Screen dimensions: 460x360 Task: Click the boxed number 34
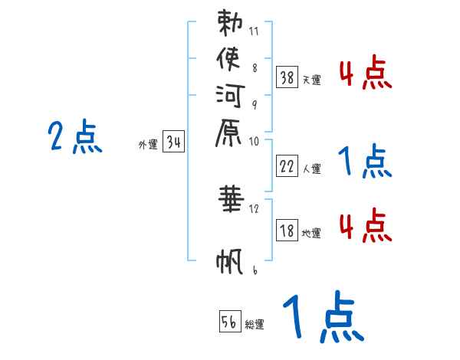pos(174,142)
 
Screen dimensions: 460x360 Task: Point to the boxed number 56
pos(229,321)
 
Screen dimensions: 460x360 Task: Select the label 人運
pos(312,169)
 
